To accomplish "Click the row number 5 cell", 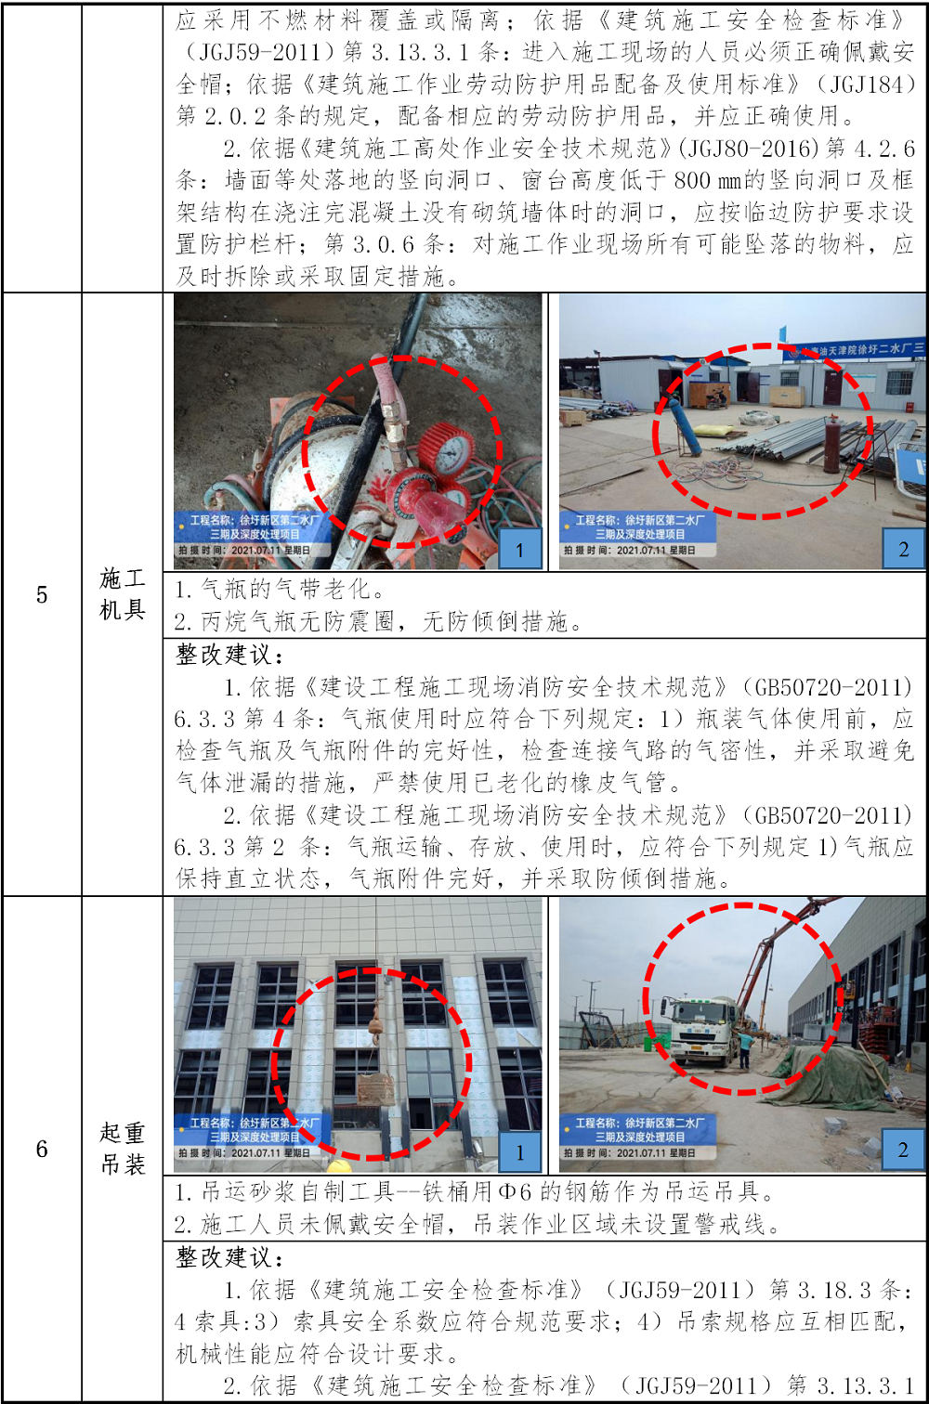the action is [42, 594].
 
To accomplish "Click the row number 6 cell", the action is [42, 1149].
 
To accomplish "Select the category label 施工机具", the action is [123, 593].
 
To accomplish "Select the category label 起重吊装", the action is [123, 1149].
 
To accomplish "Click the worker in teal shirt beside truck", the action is [744, 1051].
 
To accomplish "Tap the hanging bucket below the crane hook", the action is [375, 1088].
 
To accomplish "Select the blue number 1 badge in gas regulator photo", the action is [520, 549].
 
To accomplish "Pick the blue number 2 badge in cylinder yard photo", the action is [904, 549].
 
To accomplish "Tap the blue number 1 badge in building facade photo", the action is [520, 1151].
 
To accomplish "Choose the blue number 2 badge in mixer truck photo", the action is [904, 1149].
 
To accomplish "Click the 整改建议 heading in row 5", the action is [229, 655].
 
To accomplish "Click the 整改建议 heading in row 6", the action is [229, 1256].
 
